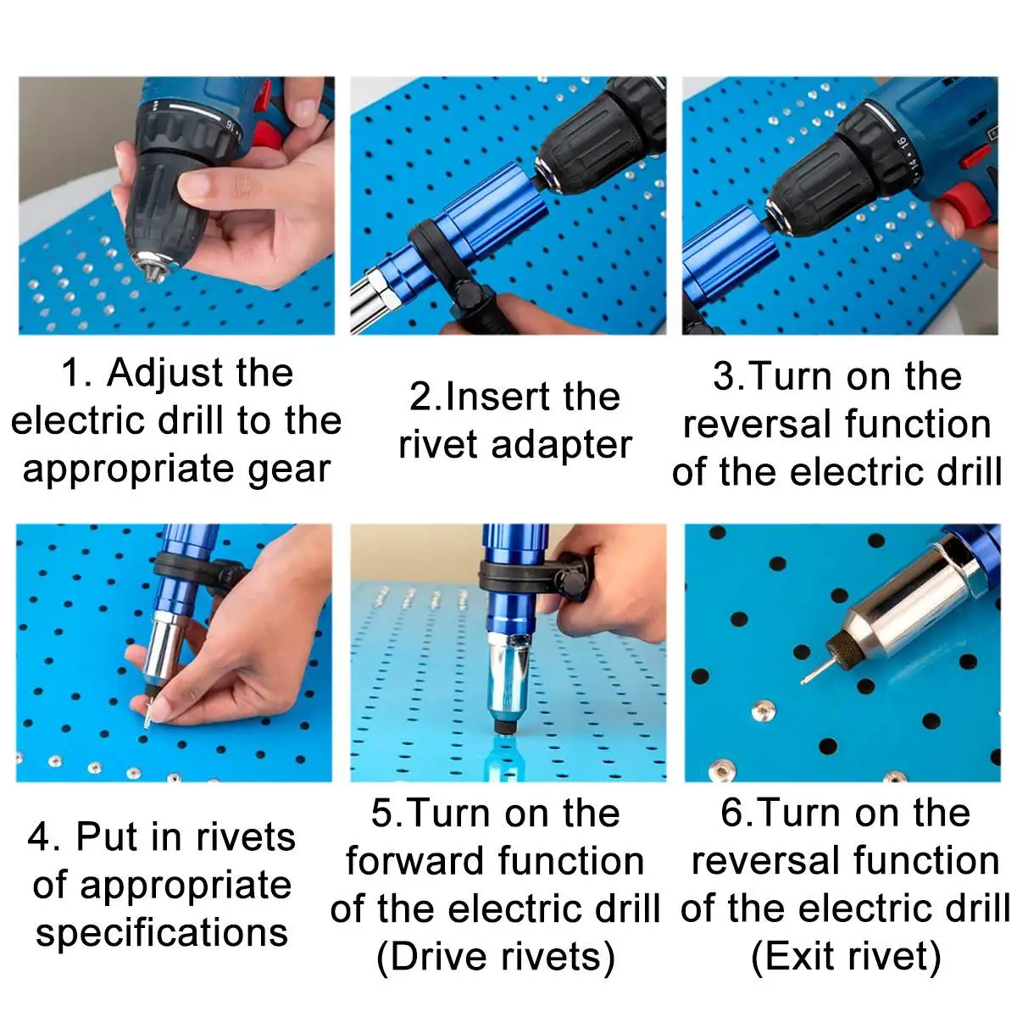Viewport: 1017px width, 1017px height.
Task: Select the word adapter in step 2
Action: [562, 446]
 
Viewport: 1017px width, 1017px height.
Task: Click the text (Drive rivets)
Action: [496, 957]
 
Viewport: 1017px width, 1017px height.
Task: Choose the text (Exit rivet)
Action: [846, 956]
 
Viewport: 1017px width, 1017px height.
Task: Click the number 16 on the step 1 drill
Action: [231, 125]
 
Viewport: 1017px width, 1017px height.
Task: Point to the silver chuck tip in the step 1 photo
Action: [154, 266]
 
